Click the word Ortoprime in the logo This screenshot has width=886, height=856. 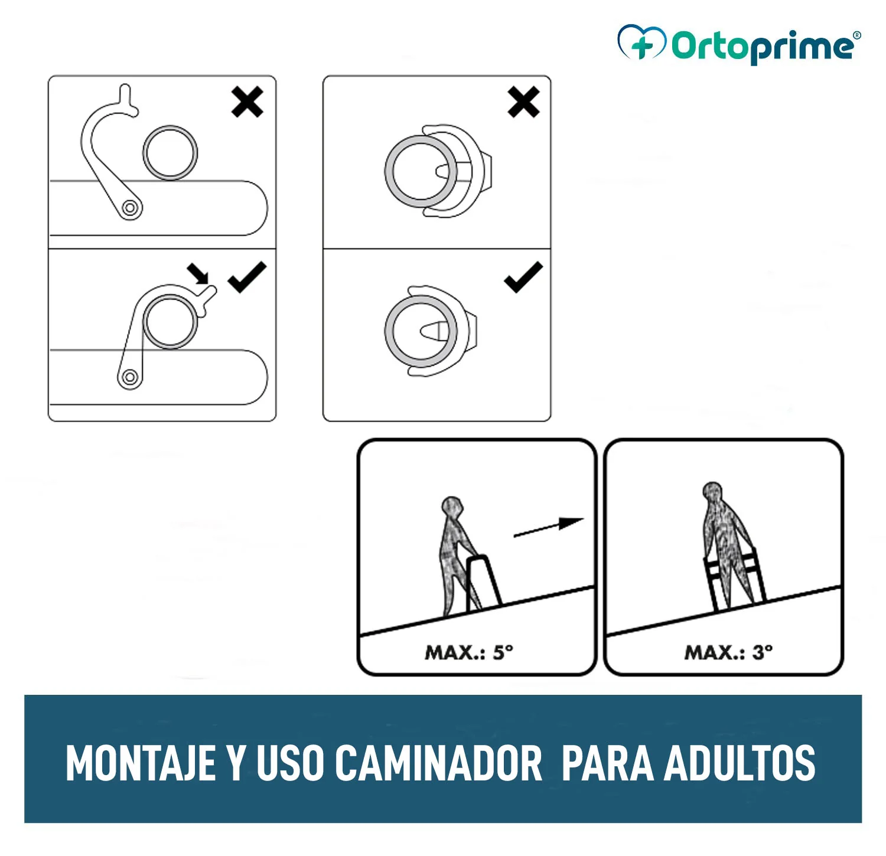[762, 46]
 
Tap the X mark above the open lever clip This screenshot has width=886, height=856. [247, 102]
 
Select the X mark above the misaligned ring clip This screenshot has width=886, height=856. [523, 102]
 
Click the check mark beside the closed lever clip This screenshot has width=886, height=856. [247, 277]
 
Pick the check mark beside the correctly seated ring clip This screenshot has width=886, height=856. [523, 277]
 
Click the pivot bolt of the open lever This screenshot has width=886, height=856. [130, 208]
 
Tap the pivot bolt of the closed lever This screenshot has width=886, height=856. [130, 377]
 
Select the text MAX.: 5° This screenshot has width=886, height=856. [469, 652]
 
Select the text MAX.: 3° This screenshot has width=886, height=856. [728, 652]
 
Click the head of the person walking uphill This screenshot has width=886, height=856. [452, 507]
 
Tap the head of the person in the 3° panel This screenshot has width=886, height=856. [713, 492]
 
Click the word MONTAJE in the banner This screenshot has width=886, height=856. [140, 763]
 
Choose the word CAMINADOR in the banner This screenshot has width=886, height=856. [438, 763]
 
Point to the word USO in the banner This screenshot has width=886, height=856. [290, 763]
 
